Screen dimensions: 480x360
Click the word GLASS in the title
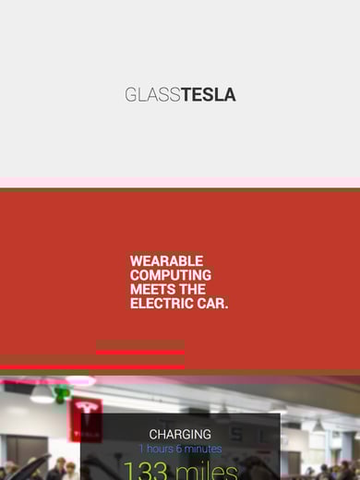tap(153, 94)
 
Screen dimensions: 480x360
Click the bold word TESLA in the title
tap(209, 94)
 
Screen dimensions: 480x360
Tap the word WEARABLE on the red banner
tap(166, 261)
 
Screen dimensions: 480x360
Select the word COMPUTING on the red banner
tap(171, 275)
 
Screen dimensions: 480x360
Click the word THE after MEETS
tap(193, 289)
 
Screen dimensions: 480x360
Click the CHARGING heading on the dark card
tap(180, 434)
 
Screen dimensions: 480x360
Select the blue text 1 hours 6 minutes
tap(180, 449)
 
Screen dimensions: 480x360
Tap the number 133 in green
tap(146, 471)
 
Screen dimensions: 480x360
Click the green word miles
tap(207, 471)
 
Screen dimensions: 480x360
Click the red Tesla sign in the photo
tap(86, 417)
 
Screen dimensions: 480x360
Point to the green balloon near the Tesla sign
tap(62, 394)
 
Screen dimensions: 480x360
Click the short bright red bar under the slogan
tap(139, 352)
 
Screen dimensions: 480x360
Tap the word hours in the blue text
tap(160, 449)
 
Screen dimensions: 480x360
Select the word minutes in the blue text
tap(203, 449)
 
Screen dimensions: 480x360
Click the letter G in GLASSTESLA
tap(130, 94)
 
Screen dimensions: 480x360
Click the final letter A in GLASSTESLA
tap(230, 94)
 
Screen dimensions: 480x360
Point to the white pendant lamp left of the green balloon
tap(42, 395)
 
